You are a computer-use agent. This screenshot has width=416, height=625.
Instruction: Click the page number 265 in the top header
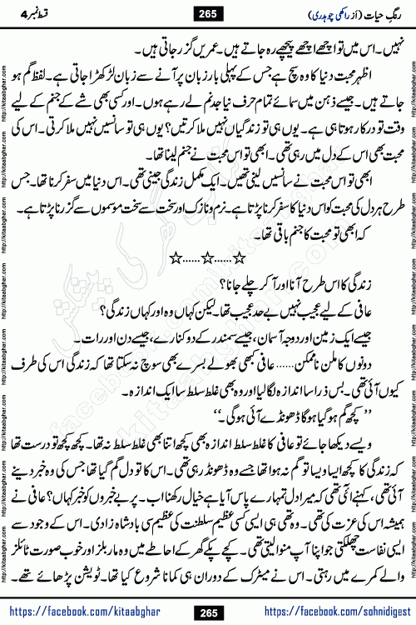tap(207, 12)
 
